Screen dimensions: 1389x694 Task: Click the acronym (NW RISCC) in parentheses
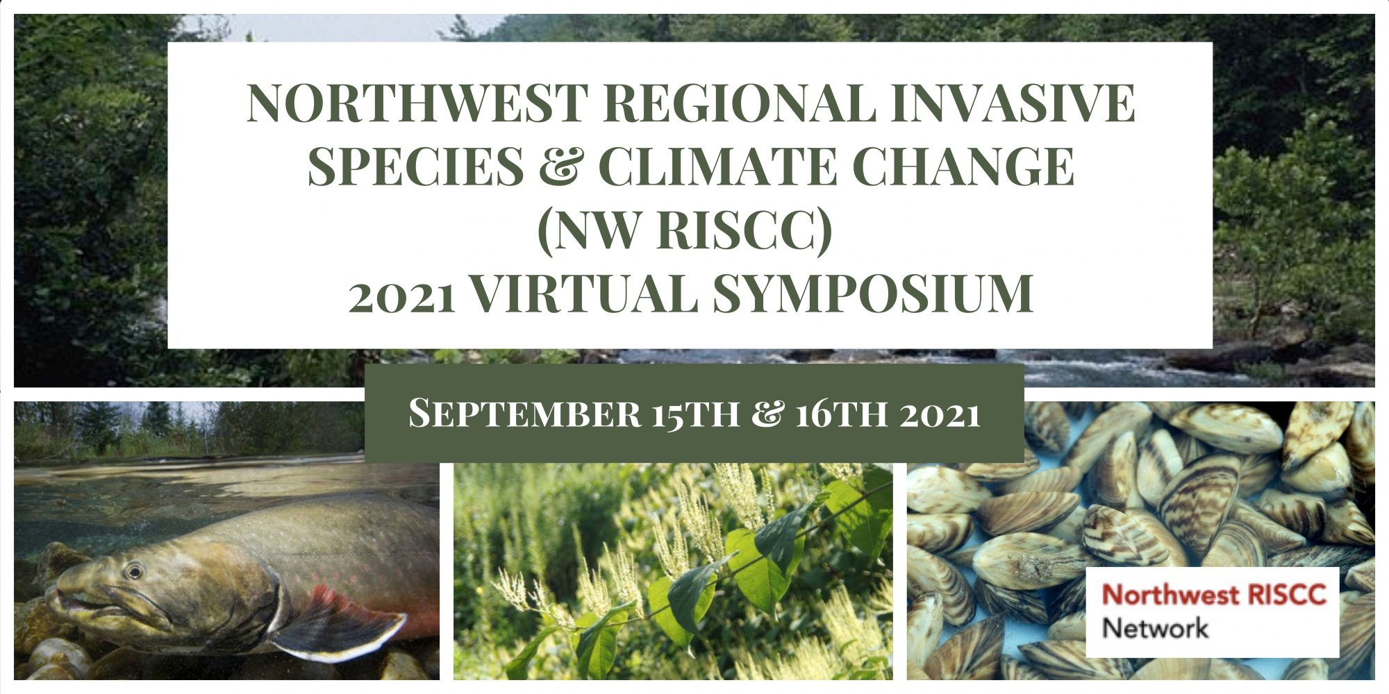pos(685,231)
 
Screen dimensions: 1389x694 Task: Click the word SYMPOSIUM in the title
pos(873,294)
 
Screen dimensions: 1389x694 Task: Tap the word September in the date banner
pos(524,414)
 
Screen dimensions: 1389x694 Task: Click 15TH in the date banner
pos(695,414)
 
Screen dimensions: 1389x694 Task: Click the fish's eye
pos(133,572)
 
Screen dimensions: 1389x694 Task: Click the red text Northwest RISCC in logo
pos(1214,595)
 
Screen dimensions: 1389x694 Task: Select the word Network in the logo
pos(1155,628)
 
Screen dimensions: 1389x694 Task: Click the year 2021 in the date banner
pos(940,415)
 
